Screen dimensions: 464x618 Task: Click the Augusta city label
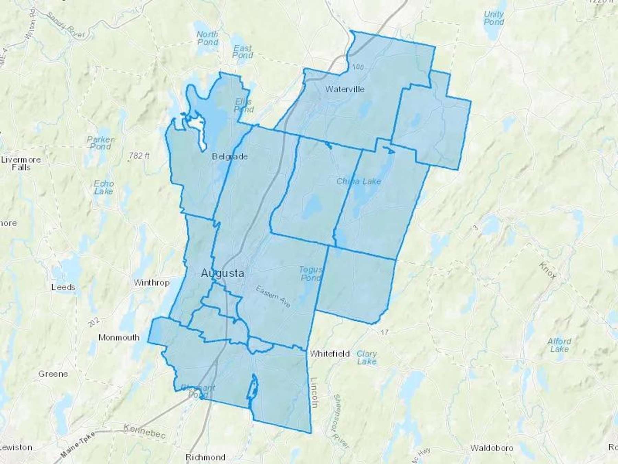tap(222, 273)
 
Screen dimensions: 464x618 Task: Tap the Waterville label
tap(344, 89)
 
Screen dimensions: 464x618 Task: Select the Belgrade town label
tap(230, 157)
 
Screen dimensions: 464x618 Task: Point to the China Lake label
tap(358, 181)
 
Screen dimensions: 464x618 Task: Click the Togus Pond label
tap(310, 274)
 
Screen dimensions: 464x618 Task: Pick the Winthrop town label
tap(151, 283)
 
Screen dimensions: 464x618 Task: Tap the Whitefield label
tap(329, 353)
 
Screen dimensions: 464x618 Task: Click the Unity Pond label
tap(493, 18)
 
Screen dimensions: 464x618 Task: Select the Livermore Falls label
tap(21, 164)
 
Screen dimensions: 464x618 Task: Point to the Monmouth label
tap(119, 338)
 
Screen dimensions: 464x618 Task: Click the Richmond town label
tap(205, 457)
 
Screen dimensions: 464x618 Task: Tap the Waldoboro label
tap(492, 448)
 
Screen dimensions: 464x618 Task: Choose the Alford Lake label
tap(559, 345)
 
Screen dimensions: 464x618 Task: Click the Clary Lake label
tap(366, 357)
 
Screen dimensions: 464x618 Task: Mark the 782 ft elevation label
tap(139, 156)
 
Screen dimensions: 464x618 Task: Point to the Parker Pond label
tap(100, 143)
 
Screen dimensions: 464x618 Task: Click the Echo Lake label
tap(104, 187)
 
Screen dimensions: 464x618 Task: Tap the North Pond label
tap(207, 38)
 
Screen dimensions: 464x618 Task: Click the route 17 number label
tap(384, 332)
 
